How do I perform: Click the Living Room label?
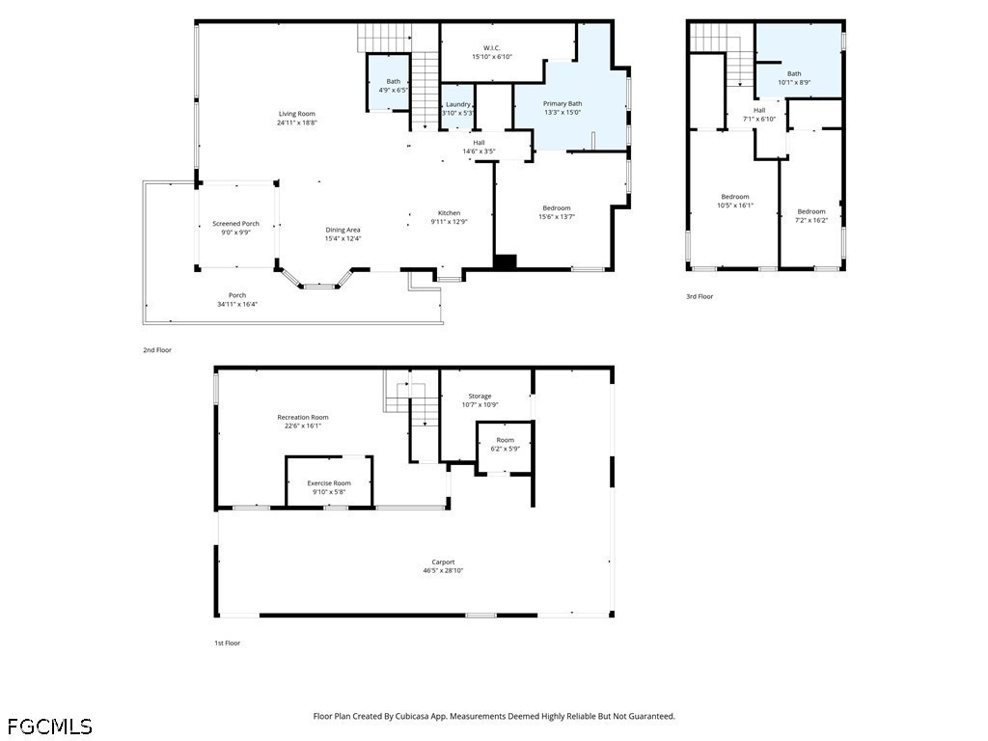297,114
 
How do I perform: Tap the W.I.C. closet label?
492,48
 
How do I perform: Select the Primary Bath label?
563,104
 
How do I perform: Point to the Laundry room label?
458,104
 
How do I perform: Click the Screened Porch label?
235,224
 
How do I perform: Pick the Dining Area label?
343,230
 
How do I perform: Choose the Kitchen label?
450,213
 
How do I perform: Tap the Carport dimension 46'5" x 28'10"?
443,571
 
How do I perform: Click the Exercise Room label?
329,483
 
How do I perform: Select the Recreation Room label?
302,417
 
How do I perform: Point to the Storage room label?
480,397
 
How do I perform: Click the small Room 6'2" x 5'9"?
506,444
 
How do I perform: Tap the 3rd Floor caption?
700,297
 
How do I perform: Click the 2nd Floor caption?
157,350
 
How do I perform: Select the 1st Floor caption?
228,644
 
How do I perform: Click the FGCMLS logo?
50,727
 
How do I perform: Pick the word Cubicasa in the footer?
412,717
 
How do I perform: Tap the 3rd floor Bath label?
794,73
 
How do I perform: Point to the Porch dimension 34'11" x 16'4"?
237,304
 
